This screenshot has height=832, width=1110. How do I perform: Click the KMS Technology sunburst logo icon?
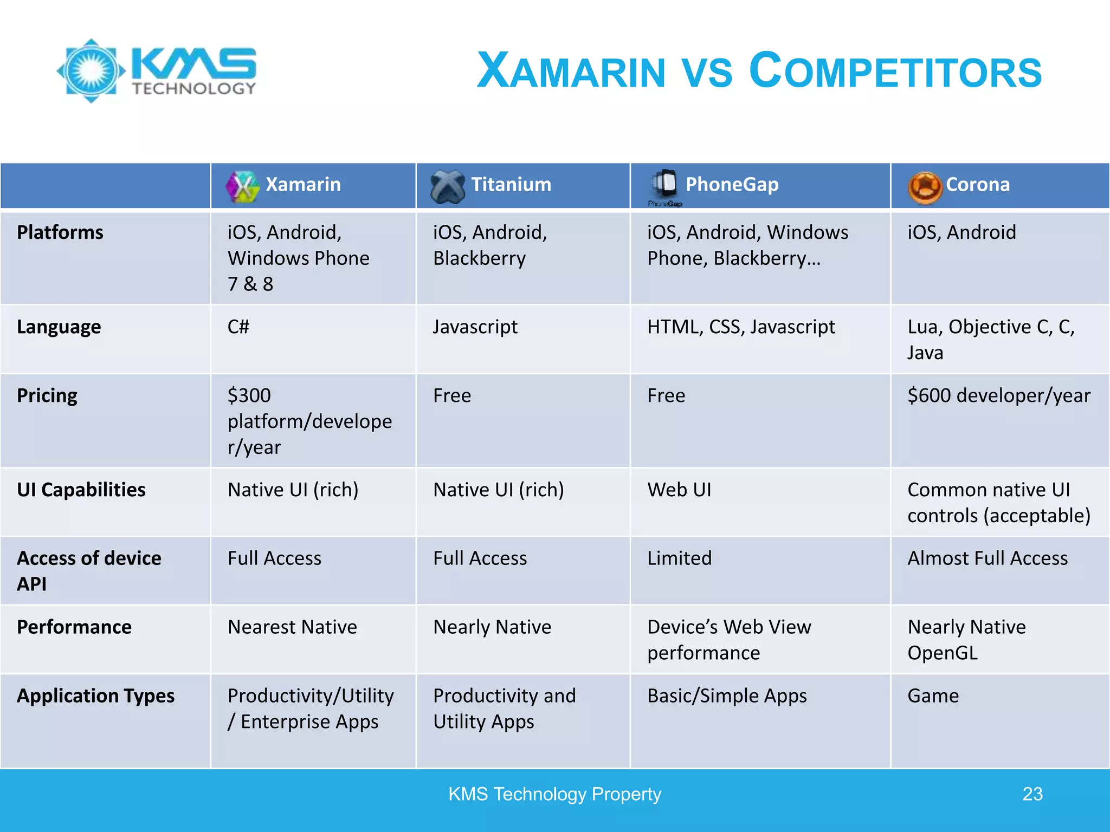pos(91,70)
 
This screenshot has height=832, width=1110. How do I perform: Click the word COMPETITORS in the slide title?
pos(895,71)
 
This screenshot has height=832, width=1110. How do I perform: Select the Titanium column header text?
pos(511,185)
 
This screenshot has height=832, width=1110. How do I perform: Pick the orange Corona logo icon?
pos(925,187)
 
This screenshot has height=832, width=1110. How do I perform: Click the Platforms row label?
pos(60,232)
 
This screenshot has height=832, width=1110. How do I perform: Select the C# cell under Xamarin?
pos(238,327)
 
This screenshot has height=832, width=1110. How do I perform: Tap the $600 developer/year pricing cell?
pos(998,395)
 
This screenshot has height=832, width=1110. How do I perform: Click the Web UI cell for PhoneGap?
pos(679,490)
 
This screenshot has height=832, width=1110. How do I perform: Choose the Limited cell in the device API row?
pos(679,558)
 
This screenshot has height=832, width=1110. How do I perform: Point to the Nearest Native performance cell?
pos(292,627)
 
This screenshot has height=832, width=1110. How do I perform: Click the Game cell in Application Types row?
pos(933,696)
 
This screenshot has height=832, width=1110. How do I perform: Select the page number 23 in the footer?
pos(1032,794)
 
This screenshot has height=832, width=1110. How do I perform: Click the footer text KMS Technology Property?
pos(554,794)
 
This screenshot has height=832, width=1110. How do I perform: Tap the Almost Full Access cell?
pos(987,558)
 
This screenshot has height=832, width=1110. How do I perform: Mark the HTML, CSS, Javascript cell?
pos(741,327)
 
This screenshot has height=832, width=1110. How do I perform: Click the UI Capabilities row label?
pos(81,490)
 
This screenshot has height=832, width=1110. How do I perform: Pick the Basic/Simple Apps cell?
pos(727,696)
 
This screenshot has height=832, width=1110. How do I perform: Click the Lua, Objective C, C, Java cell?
pos(990,340)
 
